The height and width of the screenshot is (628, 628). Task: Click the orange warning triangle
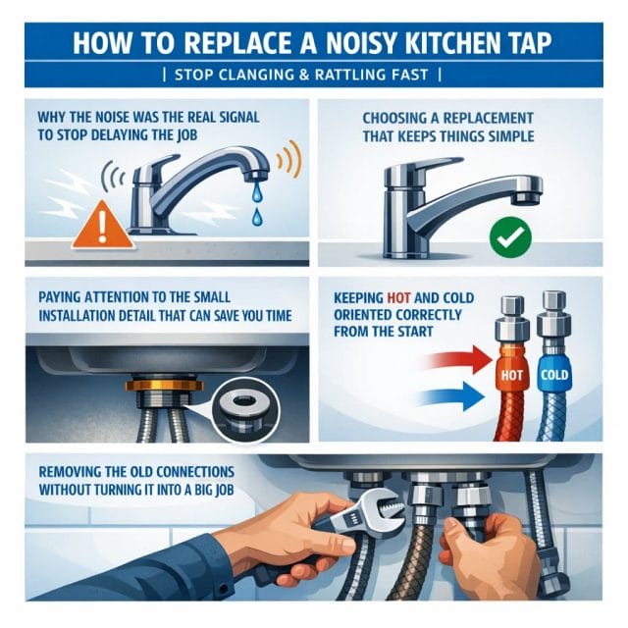point(102,227)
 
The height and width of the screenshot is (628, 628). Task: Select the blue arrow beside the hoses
point(451,395)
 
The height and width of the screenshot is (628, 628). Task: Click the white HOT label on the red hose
point(512,375)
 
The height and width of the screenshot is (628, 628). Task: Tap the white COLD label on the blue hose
point(554,375)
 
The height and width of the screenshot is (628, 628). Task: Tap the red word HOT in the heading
point(399,298)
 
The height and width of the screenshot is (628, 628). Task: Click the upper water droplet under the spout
point(255,192)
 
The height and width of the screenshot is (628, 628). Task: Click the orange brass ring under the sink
point(164,386)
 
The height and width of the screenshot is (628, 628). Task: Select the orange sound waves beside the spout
point(289,160)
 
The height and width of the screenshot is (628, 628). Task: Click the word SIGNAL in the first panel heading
point(239,118)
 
